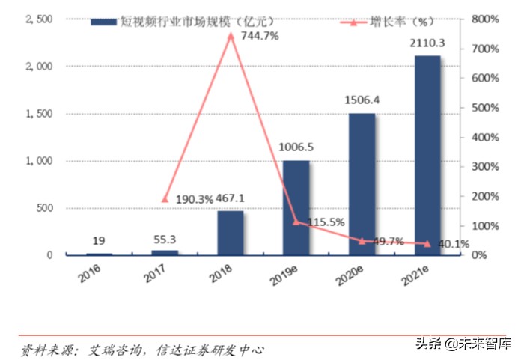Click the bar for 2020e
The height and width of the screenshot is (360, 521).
click(x=362, y=184)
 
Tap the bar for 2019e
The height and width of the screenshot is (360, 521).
click(x=297, y=207)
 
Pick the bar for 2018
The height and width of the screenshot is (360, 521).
click(x=231, y=233)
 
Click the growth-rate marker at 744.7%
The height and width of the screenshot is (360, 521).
click(x=231, y=35)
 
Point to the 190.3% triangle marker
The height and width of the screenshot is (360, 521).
click(x=165, y=199)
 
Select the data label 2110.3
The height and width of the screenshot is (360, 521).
click(x=427, y=44)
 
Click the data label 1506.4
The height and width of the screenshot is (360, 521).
click(x=362, y=100)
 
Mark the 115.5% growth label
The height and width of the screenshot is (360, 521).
click(x=325, y=222)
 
